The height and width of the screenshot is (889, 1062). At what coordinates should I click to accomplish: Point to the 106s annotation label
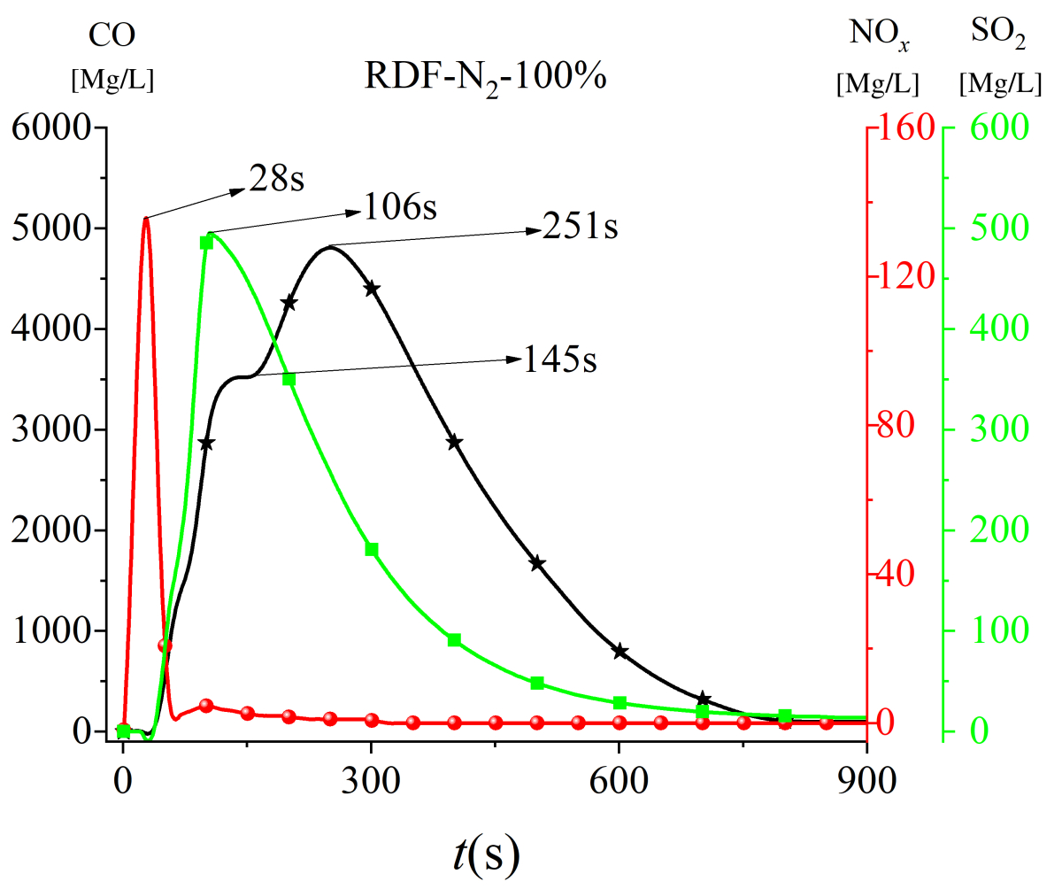401,207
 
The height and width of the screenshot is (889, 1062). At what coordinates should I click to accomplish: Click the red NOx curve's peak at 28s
146,218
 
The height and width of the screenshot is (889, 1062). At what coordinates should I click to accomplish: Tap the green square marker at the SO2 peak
207,243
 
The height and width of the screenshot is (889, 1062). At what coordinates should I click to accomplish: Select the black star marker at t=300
372,288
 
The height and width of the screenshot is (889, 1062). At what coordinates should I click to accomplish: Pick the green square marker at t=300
372,549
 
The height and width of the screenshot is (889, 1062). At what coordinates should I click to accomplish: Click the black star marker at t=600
619,652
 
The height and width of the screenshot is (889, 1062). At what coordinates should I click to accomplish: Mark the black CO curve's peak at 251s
330,247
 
